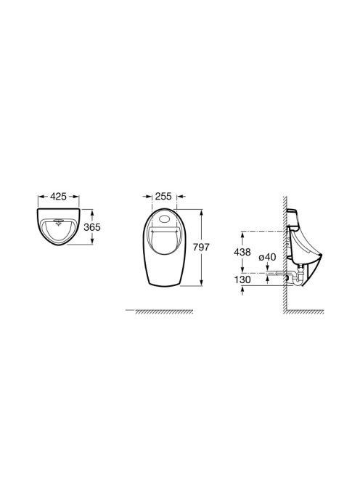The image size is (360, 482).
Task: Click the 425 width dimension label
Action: click(x=58, y=196)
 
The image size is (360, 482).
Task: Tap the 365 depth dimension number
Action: click(x=92, y=227)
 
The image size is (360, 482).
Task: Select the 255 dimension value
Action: click(x=163, y=196)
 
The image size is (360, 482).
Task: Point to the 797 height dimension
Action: click(x=201, y=247)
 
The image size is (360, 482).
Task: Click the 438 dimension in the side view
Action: click(x=242, y=252)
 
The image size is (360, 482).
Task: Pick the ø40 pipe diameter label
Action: click(x=267, y=257)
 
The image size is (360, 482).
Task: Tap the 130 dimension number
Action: click(x=242, y=279)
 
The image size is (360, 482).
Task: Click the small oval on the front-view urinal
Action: click(x=163, y=219)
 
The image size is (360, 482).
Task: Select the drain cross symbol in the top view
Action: click(x=58, y=222)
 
